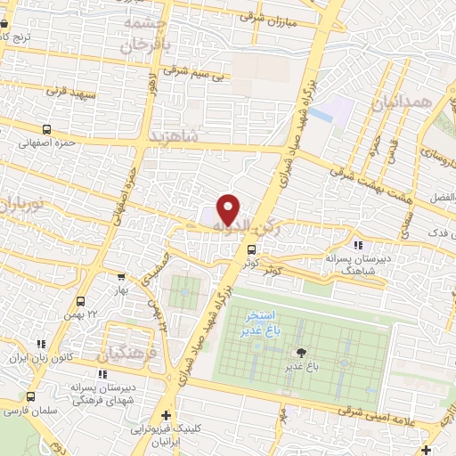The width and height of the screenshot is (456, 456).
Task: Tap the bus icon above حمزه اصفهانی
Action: (x=47, y=128)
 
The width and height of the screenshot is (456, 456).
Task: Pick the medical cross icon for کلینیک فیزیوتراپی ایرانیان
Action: (x=166, y=416)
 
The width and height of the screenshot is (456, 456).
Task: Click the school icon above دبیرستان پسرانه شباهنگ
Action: (x=356, y=245)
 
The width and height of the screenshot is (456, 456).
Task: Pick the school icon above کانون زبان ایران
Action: (x=41, y=343)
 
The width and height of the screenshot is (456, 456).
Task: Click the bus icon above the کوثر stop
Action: (x=253, y=250)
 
